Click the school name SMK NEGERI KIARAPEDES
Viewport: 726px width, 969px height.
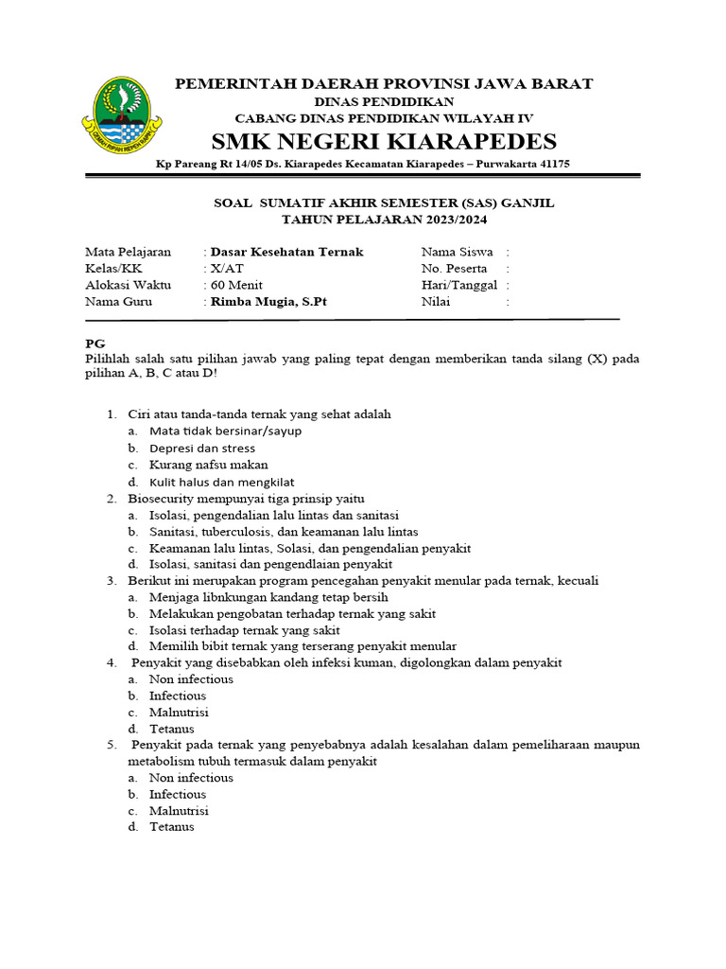tap(384, 142)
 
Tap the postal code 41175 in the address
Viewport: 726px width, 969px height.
tap(550, 164)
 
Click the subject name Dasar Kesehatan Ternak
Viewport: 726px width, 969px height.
tap(286, 252)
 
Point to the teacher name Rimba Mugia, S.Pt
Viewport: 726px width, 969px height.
tap(270, 302)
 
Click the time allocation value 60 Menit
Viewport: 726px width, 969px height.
tap(236, 285)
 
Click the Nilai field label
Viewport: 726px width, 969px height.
tap(436, 302)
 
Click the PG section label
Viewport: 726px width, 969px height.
tap(95, 343)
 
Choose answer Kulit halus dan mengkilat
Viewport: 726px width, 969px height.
tap(221, 482)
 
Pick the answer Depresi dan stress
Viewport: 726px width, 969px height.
tap(202, 448)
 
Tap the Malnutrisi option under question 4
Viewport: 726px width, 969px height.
tap(179, 712)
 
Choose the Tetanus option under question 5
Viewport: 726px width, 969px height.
tap(171, 826)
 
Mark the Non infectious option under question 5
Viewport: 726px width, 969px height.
tap(191, 777)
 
